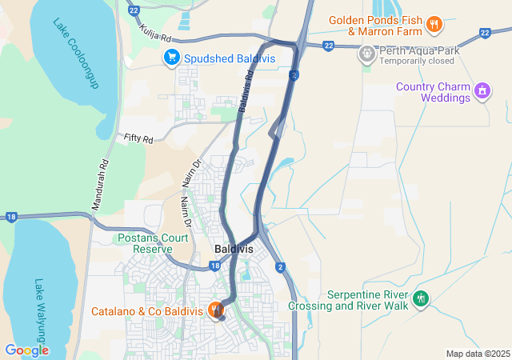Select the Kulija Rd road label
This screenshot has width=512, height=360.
[155, 33]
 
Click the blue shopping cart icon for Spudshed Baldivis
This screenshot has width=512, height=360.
[171, 58]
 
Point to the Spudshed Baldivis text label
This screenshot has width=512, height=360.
[230, 58]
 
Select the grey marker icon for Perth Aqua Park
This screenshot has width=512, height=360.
[366, 54]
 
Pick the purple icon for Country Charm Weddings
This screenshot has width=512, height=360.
[482, 91]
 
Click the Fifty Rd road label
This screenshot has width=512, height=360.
[138, 138]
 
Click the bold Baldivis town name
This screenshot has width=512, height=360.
[234, 249]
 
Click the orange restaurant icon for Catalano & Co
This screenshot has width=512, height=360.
[215, 310]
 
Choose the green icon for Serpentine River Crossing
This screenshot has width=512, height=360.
[421, 300]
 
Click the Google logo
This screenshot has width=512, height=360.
[26, 350]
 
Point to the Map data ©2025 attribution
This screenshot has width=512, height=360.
[478, 354]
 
